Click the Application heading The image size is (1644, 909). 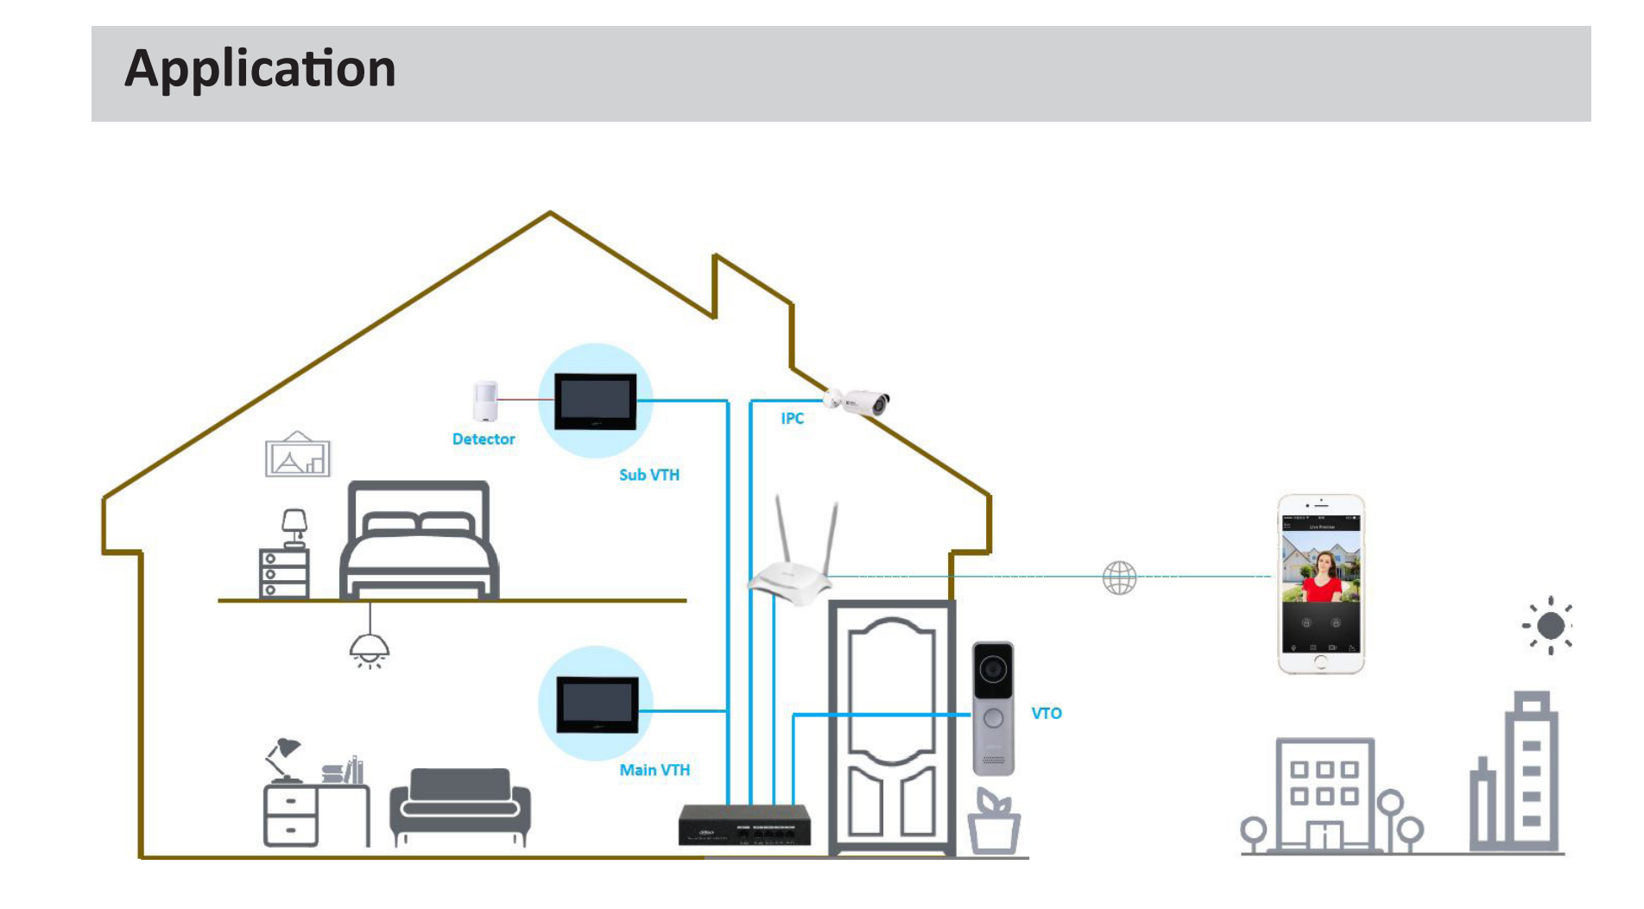coord(260,69)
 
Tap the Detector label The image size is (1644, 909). coord(483,439)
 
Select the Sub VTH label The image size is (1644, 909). coord(648,475)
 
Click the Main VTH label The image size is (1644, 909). coord(654,770)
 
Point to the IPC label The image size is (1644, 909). coord(792,419)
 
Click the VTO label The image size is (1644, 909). coord(1046,714)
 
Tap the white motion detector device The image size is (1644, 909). coord(485,401)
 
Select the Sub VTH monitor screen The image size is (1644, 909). coord(595,401)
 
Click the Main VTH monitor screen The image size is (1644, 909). coord(597,704)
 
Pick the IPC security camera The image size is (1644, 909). coord(858,401)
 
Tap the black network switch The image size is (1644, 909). coord(744,825)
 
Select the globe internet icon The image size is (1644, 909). coord(1119,578)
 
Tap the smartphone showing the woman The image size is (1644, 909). coord(1320,584)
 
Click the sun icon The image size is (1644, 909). coord(1549,626)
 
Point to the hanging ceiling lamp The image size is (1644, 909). coord(369,648)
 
